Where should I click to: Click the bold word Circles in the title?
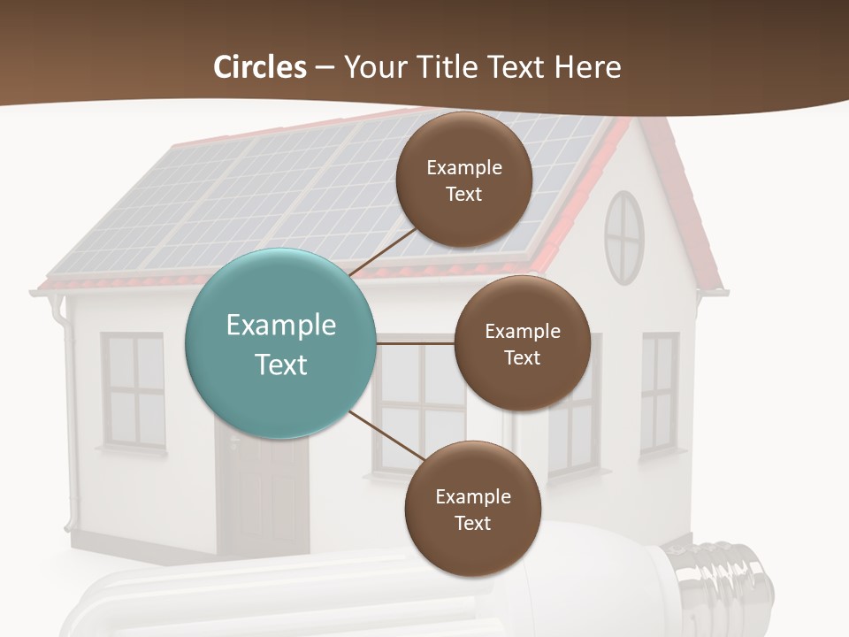pos(260,67)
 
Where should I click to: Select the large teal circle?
pos(280,343)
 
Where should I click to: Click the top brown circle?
pos(464,180)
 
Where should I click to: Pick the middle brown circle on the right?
pos(522,343)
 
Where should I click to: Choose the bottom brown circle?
pos(472,509)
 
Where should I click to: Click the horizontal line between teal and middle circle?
pos(415,343)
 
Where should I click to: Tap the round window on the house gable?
pos(624,237)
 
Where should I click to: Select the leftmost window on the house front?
pos(134,390)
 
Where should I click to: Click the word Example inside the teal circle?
pos(280,326)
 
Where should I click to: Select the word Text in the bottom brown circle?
pos(472,523)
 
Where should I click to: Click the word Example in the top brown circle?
pos(464,167)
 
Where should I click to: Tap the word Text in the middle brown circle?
pos(522,357)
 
